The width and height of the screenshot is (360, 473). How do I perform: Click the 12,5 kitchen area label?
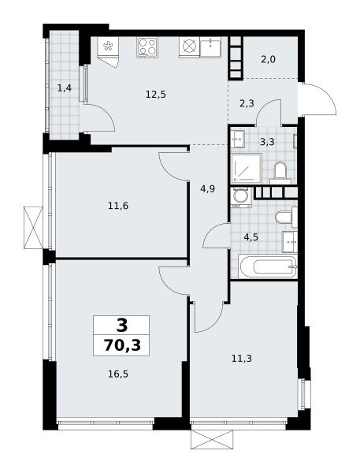click(155, 95)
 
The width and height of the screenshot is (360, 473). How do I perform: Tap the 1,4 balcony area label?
click(65, 88)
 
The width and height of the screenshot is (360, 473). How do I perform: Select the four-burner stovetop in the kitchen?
click(147, 47)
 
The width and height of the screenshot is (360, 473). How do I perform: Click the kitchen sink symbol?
click(210, 47)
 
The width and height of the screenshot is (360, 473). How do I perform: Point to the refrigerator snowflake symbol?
click(108, 46)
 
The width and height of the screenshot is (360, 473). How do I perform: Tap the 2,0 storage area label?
click(268, 59)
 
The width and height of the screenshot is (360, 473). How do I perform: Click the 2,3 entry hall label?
click(247, 103)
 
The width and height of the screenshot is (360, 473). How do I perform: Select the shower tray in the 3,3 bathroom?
click(247, 169)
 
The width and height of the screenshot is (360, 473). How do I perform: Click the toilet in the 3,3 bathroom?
click(280, 173)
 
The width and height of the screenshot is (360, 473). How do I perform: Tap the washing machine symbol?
click(241, 197)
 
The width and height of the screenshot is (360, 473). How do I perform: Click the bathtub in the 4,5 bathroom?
click(268, 266)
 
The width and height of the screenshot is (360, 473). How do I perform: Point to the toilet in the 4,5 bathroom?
click(286, 217)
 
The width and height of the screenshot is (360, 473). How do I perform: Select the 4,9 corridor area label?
click(207, 189)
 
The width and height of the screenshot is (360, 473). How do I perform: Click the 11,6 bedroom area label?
click(118, 206)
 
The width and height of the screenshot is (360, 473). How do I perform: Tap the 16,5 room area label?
click(118, 374)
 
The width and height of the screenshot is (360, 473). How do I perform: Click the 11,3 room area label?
click(242, 359)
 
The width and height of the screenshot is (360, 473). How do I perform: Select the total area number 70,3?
click(122, 345)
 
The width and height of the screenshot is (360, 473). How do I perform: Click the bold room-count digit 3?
click(122, 325)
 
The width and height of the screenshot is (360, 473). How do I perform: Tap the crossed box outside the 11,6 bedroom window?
click(33, 228)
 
